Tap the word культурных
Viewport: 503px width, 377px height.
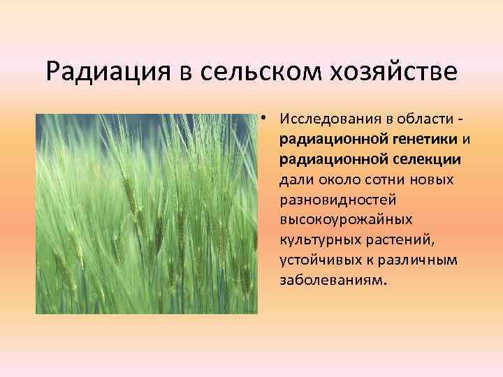(316, 240)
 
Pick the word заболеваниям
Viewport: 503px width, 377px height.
(332, 281)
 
